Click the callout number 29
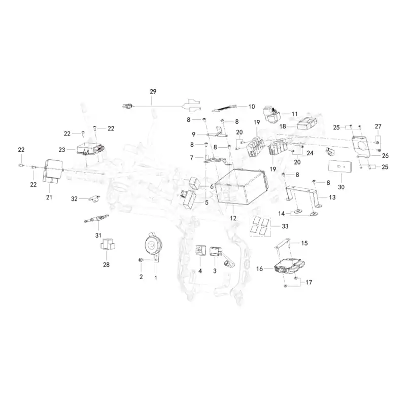[153, 92]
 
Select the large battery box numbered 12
[240, 186]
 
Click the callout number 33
[285, 226]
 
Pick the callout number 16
[259, 269]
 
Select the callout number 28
[106, 265]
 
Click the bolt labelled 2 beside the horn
[141, 260]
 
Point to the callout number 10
[251, 107]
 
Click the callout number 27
[378, 126]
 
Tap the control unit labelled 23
[91, 149]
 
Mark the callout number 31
[98, 235]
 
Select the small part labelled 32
[94, 198]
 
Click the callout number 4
[200, 271]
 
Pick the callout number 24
[310, 153]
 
